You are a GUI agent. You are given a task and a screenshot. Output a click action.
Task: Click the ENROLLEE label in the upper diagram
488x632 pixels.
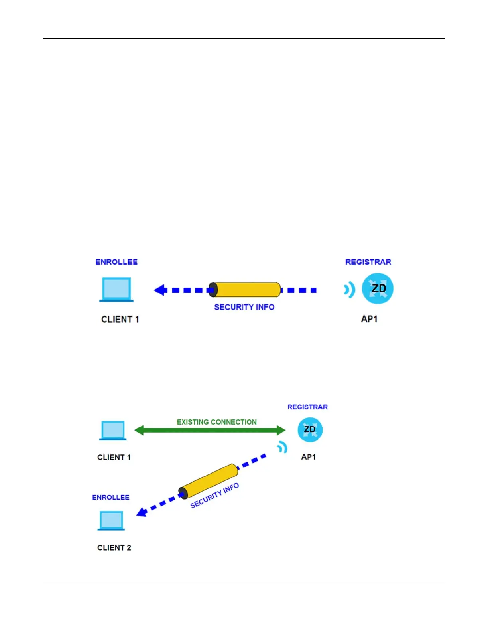(116, 262)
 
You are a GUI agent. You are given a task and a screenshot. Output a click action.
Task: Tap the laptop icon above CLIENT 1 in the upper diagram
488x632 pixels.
(116, 289)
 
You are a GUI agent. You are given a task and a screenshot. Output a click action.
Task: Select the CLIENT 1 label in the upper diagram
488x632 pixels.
(120, 319)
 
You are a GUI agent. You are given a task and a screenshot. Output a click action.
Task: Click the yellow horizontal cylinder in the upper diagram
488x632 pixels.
(245, 290)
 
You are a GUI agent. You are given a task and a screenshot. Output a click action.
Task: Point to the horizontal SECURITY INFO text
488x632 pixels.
(244, 307)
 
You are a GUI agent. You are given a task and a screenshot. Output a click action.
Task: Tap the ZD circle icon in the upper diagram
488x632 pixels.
(378, 288)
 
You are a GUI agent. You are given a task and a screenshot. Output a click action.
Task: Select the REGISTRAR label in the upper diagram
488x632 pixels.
(368, 262)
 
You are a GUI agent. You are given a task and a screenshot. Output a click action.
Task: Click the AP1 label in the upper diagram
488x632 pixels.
(369, 319)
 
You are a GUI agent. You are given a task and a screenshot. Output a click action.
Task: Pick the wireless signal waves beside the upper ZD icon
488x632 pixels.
(350, 290)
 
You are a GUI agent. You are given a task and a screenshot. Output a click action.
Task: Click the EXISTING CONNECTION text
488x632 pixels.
(216, 422)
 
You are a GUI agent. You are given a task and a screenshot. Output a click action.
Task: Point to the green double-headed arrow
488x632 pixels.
(210, 430)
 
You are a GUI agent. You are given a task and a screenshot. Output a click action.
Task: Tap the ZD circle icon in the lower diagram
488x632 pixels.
(310, 430)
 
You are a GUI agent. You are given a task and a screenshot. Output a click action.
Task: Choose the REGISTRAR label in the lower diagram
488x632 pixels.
(307, 407)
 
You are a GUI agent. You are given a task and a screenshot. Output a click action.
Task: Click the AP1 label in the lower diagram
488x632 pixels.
(309, 457)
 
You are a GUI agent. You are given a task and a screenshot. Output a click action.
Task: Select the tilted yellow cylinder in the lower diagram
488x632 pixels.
(209, 481)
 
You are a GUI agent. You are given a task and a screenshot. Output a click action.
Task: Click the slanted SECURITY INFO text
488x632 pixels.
(214, 495)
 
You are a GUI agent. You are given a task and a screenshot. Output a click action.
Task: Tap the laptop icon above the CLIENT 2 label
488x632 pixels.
(111, 520)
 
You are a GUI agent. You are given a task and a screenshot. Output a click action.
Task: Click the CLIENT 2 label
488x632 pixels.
(114, 547)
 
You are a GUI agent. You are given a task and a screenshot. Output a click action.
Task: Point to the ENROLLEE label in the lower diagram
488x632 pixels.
(111, 497)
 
